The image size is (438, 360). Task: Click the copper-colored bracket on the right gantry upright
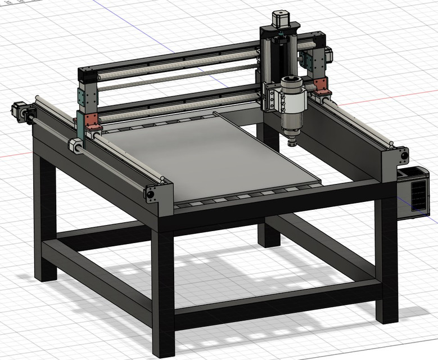point(322,85)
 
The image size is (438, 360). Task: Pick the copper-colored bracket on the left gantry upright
point(92,121)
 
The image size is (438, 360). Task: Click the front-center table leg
point(163,292)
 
